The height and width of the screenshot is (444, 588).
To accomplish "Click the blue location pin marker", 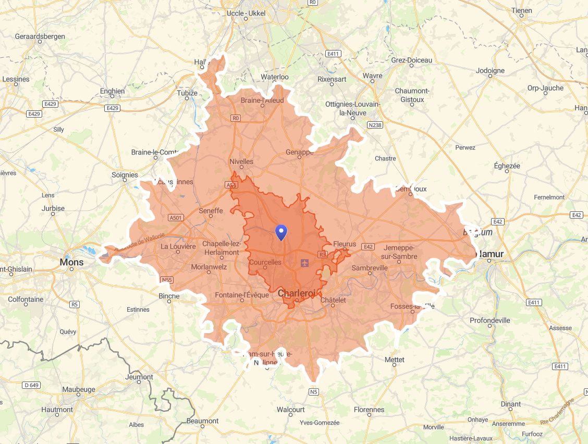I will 281,232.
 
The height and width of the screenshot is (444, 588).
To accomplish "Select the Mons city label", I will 71,262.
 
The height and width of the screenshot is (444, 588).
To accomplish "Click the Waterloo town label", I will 275,77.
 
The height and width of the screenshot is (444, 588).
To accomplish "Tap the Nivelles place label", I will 241,161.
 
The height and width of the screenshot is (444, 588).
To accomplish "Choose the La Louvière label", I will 178,246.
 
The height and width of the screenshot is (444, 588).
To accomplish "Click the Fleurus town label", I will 345,244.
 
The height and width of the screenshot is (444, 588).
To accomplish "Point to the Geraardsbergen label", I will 40,36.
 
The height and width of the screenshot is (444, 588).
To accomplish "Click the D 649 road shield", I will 31,385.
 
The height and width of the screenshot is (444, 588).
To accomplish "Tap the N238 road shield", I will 374,125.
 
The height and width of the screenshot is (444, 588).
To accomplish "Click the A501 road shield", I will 177,218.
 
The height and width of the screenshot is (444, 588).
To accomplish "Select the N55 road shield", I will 167,280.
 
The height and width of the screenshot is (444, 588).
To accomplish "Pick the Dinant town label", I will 510,404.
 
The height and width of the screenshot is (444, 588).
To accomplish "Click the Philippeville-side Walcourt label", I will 290,410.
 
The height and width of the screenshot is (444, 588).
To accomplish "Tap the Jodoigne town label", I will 490,70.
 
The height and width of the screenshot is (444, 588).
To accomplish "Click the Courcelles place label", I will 265,262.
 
